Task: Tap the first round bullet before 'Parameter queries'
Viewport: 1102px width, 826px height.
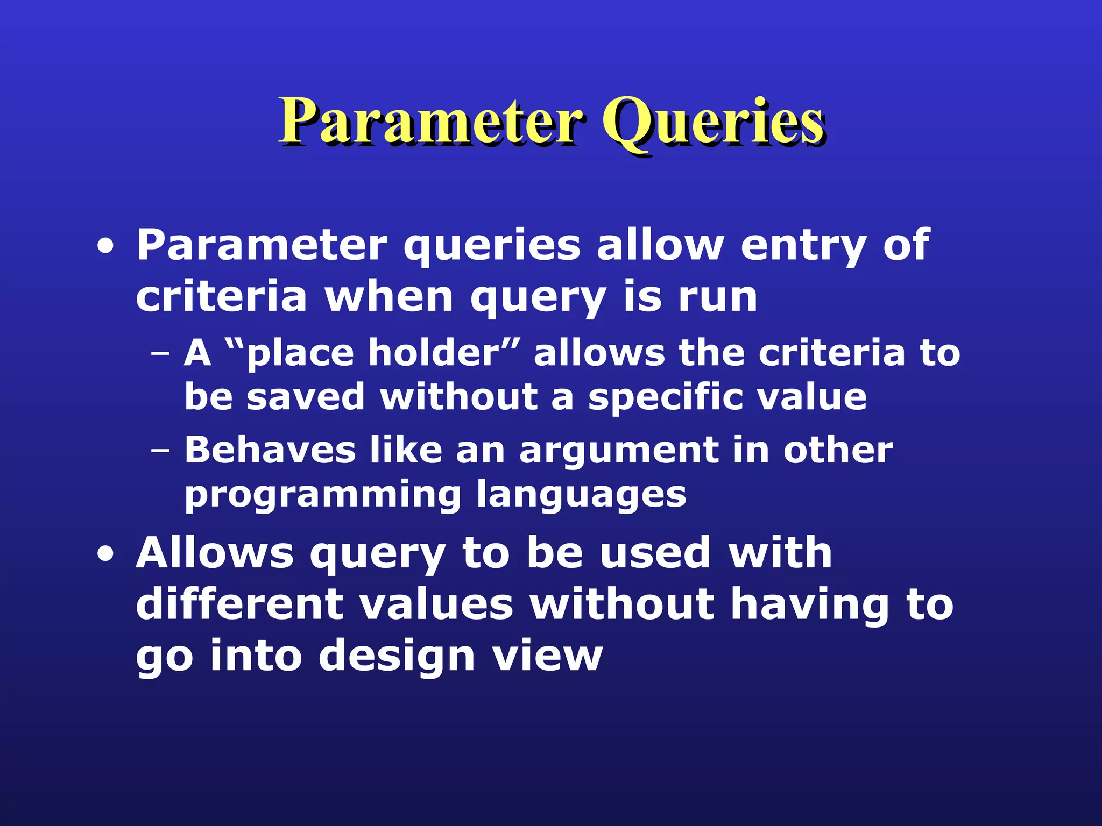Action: click(x=105, y=247)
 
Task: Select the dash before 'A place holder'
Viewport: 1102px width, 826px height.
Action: click(x=160, y=354)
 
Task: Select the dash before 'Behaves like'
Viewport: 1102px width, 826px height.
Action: click(x=160, y=451)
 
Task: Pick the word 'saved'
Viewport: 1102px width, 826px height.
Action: click(x=306, y=397)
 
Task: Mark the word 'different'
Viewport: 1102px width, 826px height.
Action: click(x=239, y=604)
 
